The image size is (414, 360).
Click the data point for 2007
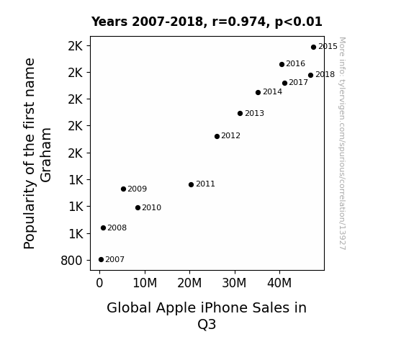click(101, 260)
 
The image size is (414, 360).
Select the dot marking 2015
click(313, 48)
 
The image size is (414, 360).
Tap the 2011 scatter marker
click(191, 184)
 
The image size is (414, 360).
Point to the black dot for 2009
click(123, 189)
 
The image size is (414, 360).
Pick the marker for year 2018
click(310, 76)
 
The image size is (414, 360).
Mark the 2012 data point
click(217, 136)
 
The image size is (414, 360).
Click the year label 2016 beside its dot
click(295, 63)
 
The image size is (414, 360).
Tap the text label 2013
click(254, 113)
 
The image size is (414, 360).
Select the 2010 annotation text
click(151, 207)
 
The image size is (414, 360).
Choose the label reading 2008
click(117, 228)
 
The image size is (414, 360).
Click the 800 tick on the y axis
click(71, 261)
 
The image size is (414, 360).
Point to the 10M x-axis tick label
click(145, 283)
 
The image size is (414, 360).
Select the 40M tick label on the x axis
click(279, 283)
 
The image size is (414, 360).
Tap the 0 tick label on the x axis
click(99, 283)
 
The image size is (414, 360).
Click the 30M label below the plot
click(234, 283)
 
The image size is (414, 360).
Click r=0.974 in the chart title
click(240, 22)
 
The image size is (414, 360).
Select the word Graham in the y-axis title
click(46, 155)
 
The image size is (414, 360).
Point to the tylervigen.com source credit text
click(342, 143)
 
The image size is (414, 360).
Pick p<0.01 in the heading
click(298, 22)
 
